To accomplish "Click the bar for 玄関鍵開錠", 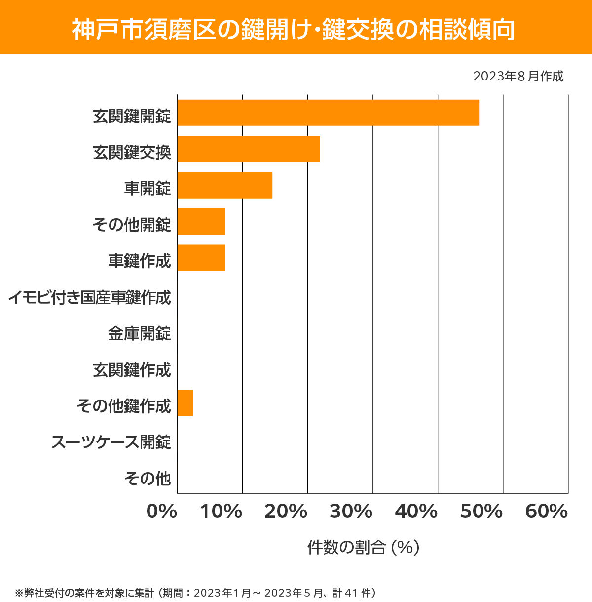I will (x=328, y=113).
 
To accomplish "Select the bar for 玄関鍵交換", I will (x=249, y=149).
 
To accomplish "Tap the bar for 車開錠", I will (x=225, y=185).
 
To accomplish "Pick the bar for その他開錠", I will (x=201, y=221).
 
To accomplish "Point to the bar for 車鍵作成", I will (x=201, y=258).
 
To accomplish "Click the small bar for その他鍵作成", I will (x=185, y=402).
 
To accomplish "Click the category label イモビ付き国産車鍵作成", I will (x=90, y=297).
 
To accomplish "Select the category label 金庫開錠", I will (x=140, y=333).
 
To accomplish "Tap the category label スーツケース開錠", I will (x=111, y=442).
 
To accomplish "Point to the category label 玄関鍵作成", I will (x=132, y=370).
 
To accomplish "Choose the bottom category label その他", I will (x=148, y=478).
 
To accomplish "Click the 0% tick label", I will (x=162, y=512).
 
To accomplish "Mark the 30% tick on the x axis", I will (x=351, y=512).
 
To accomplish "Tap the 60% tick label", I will (x=547, y=512).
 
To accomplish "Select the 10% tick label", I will (x=221, y=512).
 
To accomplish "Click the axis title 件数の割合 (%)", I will (x=363, y=547).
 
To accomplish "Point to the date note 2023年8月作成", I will (x=518, y=77).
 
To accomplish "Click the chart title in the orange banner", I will (x=294, y=30).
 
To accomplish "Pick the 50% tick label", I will (x=481, y=512).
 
